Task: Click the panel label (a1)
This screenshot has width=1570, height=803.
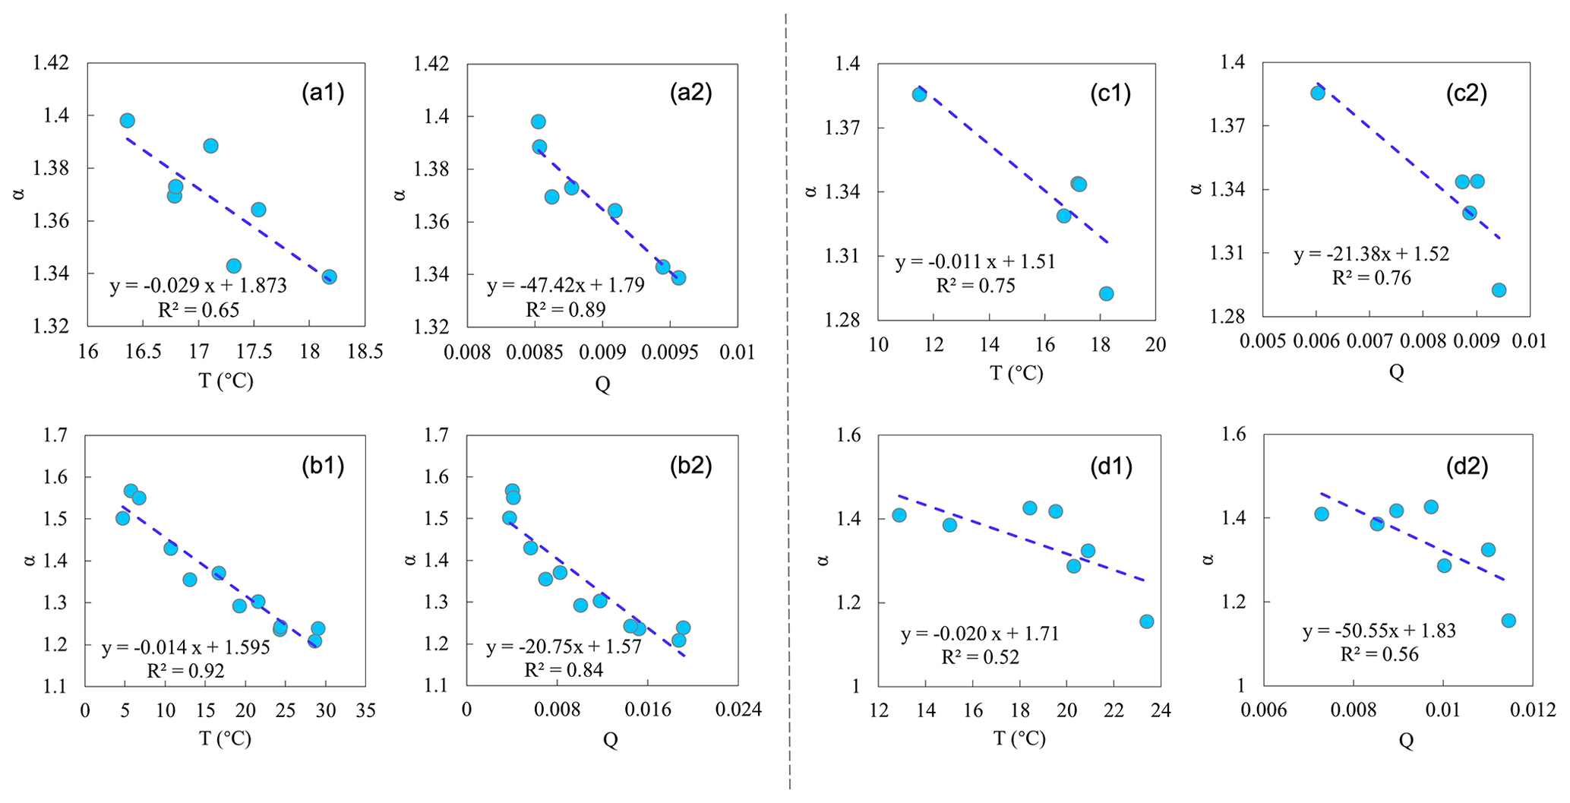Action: [323, 93]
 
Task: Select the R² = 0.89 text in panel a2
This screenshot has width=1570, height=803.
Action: [565, 309]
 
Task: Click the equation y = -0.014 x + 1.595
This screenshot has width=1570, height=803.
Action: [186, 648]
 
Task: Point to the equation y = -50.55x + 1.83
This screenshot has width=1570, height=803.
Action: [1379, 631]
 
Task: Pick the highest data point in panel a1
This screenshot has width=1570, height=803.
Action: [128, 121]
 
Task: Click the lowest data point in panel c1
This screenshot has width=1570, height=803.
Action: [1106, 293]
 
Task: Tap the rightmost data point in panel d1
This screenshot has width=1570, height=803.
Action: [1146, 621]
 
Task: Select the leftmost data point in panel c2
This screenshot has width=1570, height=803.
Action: [1317, 93]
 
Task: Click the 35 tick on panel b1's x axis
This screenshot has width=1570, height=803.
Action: [365, 710]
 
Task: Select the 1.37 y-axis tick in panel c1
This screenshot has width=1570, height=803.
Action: [843, 128]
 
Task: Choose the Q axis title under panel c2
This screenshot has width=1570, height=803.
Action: [1396, 371]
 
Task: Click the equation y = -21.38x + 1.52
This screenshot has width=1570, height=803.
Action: [1372, 254]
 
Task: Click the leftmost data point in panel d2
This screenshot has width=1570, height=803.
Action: [1321, 514]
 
